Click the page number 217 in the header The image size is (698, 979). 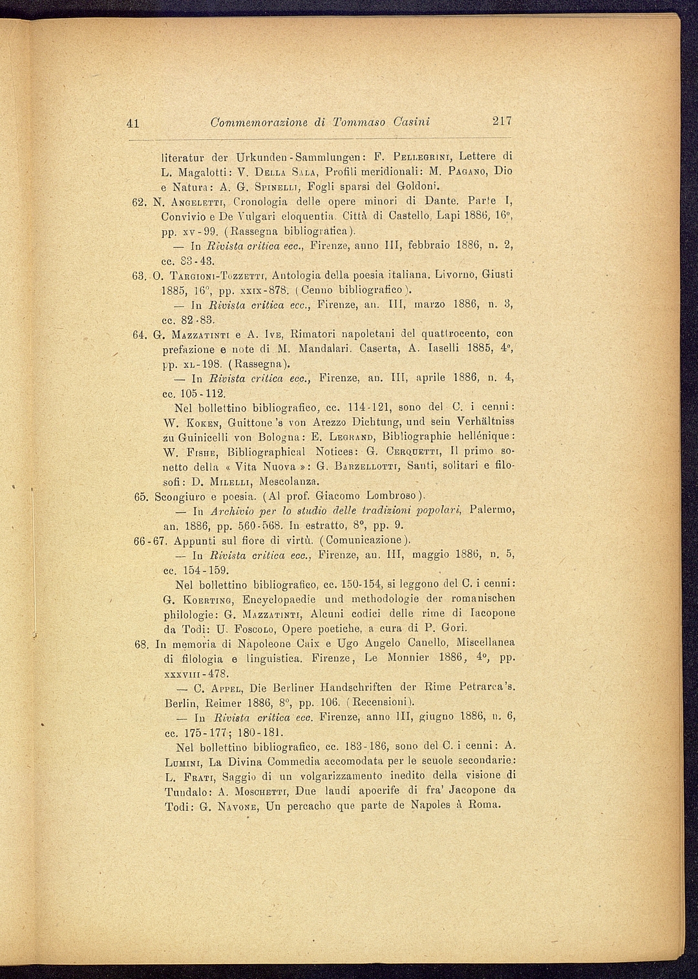coord(502,121)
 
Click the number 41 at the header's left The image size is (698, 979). coord(134,123)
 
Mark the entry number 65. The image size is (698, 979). coord(142,497)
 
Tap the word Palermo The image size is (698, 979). coord(492,511)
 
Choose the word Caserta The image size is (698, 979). coord(381,349)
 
